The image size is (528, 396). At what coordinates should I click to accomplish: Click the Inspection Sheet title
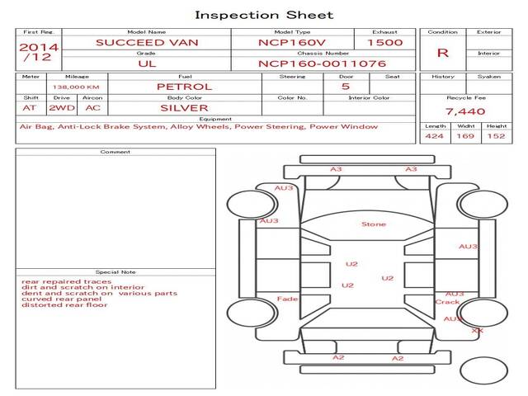coord(264,15)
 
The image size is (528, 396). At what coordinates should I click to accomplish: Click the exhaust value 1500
coord(384,42)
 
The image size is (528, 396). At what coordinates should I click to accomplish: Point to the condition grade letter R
coord(443,53)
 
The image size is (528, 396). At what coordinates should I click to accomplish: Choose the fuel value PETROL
coord(184,87)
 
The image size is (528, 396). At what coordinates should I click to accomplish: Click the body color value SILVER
coord(184,108)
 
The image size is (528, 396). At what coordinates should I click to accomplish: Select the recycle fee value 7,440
coord(464,111)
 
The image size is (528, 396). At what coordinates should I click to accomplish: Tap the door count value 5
coord(345,87)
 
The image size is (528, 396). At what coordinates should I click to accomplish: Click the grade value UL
coord(146,63)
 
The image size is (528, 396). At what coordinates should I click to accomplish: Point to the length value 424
coord(435,137)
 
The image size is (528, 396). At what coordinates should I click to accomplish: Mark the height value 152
coord(496,137)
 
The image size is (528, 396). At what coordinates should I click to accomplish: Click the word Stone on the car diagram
coord(373,224)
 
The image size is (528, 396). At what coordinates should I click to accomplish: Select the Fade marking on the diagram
coord(288,299)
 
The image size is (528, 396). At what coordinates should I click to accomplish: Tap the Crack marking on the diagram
coord(446,302)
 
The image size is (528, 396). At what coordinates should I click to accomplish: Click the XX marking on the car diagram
coord(477,331)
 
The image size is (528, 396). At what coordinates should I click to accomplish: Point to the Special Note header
coord(115,271)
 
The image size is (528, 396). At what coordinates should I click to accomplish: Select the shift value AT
coord(30,108)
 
